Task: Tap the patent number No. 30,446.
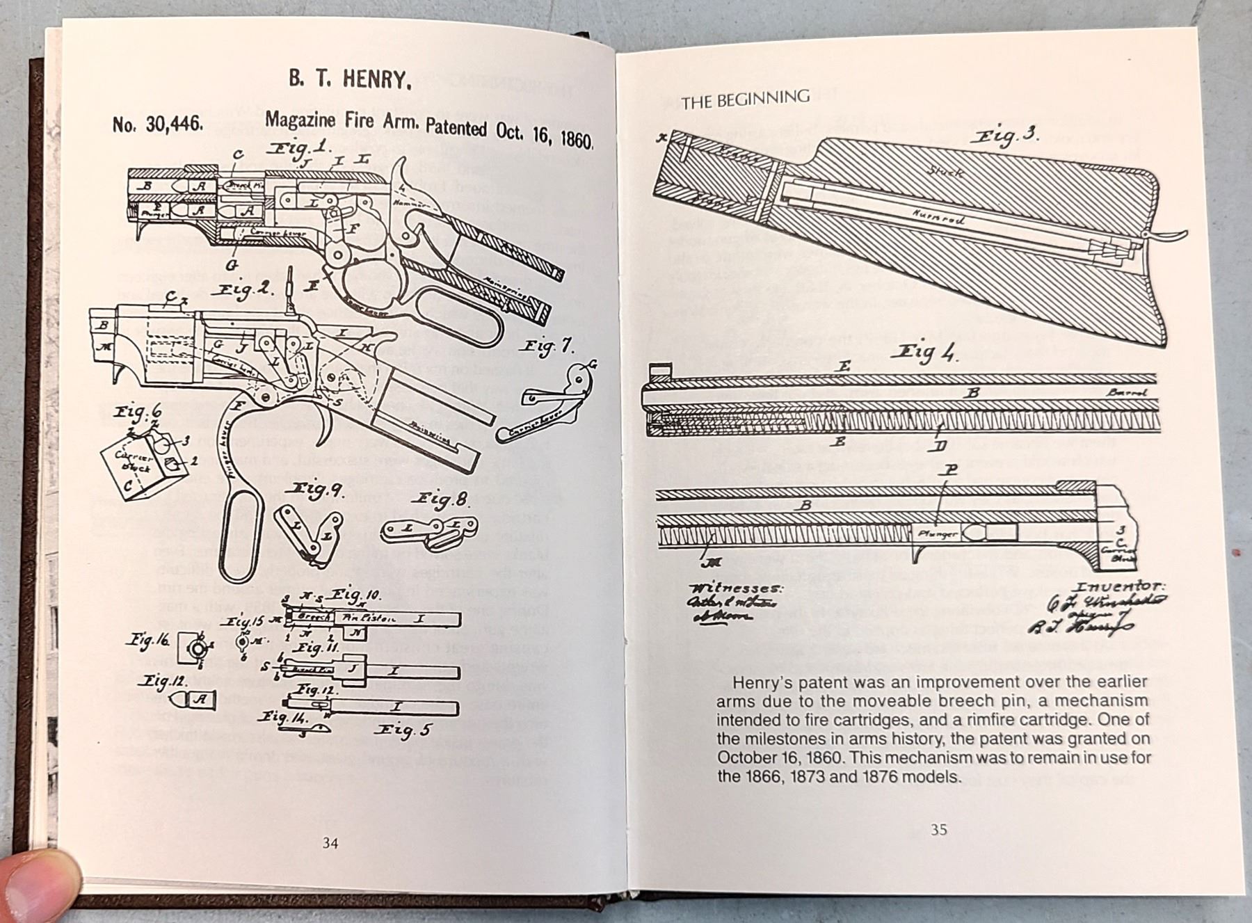pyautogui.click(x=158, y=124)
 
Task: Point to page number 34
pyautogui.click(x=330, y=843)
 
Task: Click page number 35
pyautogui.click(x=939, y=829)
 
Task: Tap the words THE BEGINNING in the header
pyautogui.click(x=746, y=99)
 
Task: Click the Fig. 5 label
pyautogui.click(x=403, y=730)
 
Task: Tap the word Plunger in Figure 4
pyautogui.click(x=938, y=533)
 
